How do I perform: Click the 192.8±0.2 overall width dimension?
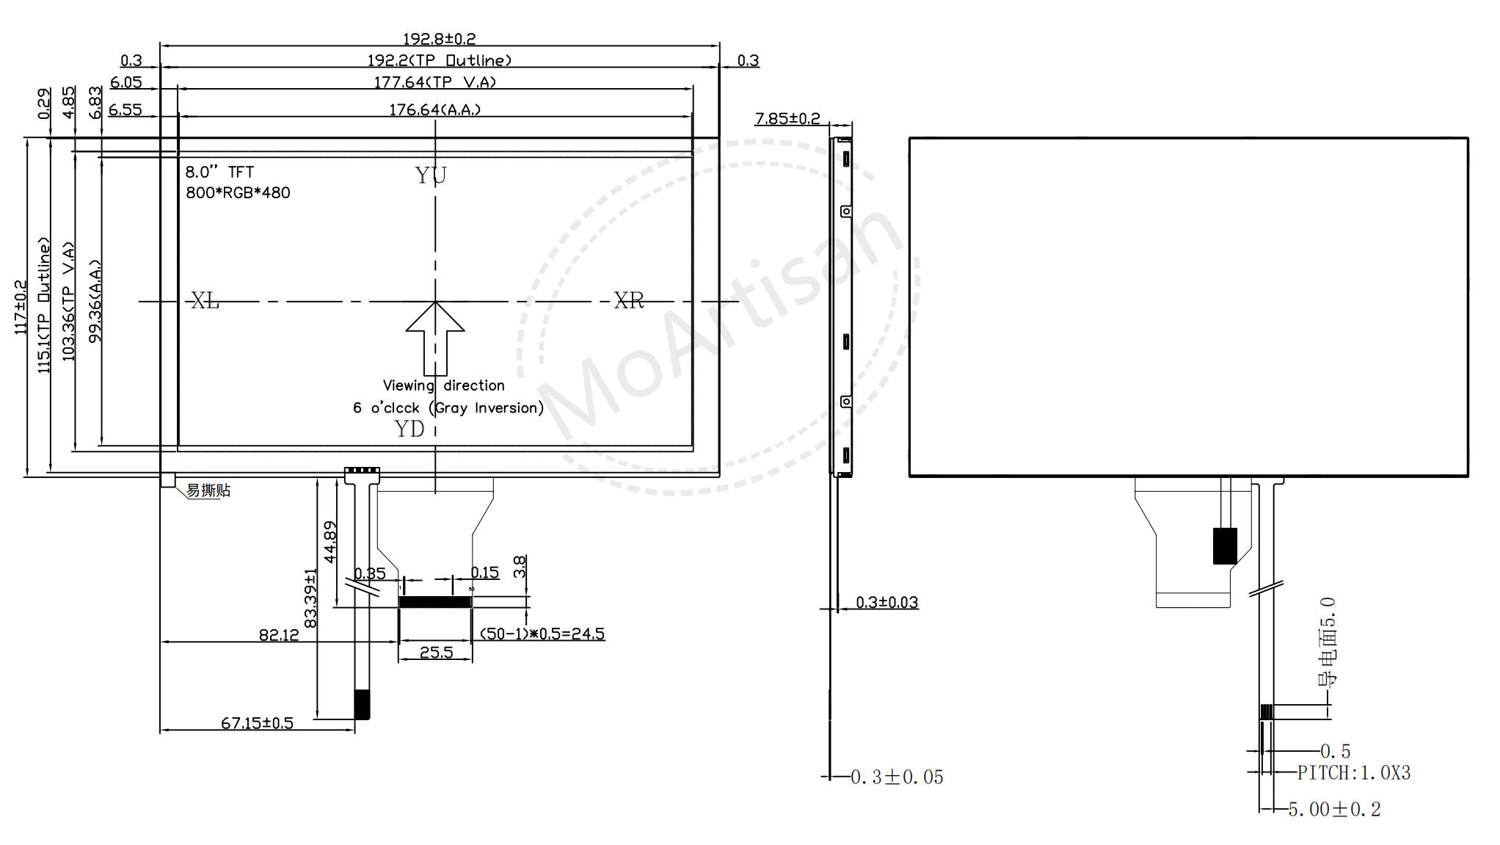pyautogui.click(x=439, y=38)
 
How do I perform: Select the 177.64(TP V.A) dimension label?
pyautogui.click(x=435, y=81)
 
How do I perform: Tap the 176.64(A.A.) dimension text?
pyautogui.click(x=435, y=109)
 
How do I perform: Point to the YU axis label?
pyautogui.click(x=431, y=175)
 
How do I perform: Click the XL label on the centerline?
pyautogui.click(x=205, y=300)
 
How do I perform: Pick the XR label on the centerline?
pyautogui.click(x=629, y=300)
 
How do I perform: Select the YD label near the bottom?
pyautogui.click(x=409, y=429)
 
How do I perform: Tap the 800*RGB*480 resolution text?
pyautogui.click(x=238, y=193)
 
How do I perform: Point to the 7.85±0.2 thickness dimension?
pyautogui.click(x=787, y=118)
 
